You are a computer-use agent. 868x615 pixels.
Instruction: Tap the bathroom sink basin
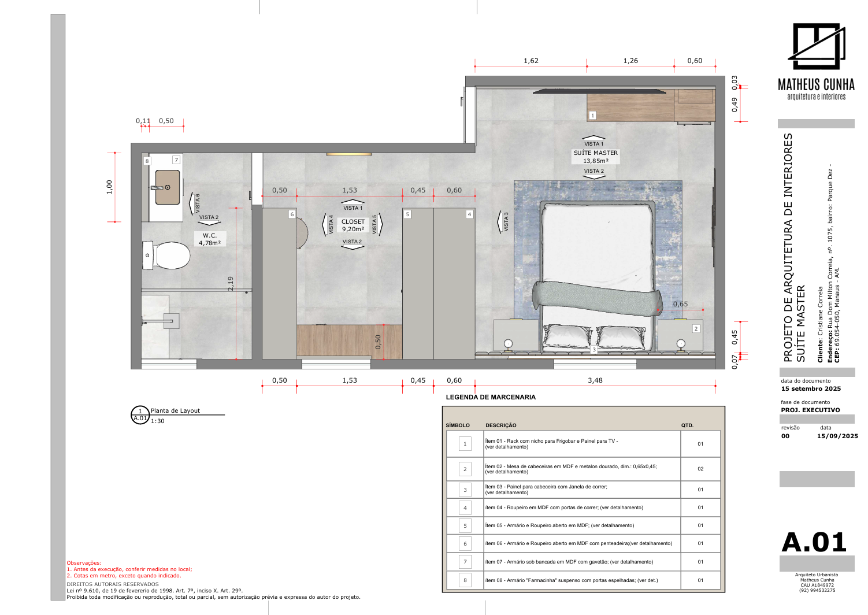pos(168,187)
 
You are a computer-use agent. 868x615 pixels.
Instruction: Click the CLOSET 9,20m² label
pos(353,225)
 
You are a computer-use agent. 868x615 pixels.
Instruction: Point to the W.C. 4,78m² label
pos(210,239)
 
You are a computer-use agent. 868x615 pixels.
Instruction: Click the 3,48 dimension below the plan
pos(595,380)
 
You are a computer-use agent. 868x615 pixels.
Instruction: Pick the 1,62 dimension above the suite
pos(531,61)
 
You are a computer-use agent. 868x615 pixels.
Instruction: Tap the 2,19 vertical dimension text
pos(231,284)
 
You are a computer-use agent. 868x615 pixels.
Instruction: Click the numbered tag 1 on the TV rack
pos(592,115)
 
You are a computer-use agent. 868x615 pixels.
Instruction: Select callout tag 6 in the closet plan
pos(292,214)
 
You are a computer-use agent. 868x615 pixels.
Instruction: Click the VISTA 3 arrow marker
pos(503,222)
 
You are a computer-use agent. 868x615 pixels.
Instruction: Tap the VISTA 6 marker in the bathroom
pos(194,203)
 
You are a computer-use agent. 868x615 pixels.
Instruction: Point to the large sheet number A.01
pos(814,542)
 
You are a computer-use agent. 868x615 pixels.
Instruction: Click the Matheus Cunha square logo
pos(817,46)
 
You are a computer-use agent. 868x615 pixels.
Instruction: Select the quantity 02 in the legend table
pos(700,469)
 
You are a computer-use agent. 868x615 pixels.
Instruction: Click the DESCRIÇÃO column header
pos(501,425)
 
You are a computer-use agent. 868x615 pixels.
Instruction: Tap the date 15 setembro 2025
pos(810,388)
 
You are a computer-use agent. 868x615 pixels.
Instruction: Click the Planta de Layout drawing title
pos(175,410)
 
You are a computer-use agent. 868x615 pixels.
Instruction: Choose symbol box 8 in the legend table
pos(465,580)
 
